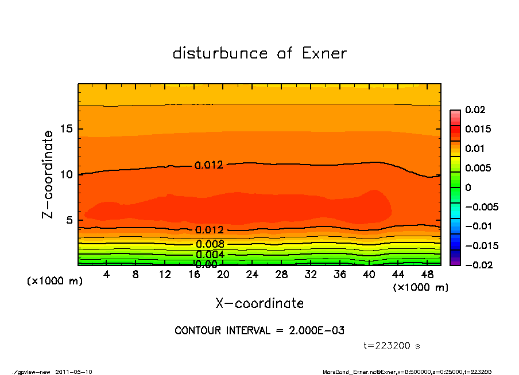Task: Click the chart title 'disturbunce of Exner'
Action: click(x=259, y=53)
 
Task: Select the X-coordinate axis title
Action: click(x=259, y=303)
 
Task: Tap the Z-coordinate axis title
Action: click(x=48, y=174)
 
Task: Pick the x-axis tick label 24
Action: click(x=252, y=275)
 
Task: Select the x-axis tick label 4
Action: click(x=106, y=275)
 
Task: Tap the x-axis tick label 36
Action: click(x=340, y=275)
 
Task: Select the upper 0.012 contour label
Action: click(x=209, y=165)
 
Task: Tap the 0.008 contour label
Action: click(x=209, y=244)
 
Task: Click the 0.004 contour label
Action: click(x=209, y=255)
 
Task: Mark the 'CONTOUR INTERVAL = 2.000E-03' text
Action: click(x=259, y=331)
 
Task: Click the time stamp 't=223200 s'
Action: click(x=392, y=346)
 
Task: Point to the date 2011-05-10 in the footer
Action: click(x=74, y=372)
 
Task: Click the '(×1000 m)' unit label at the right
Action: click(x=420, y=287)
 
